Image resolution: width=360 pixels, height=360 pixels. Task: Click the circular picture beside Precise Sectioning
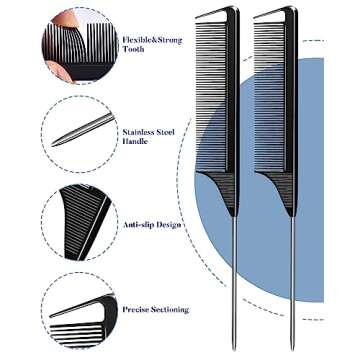point(80,310)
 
